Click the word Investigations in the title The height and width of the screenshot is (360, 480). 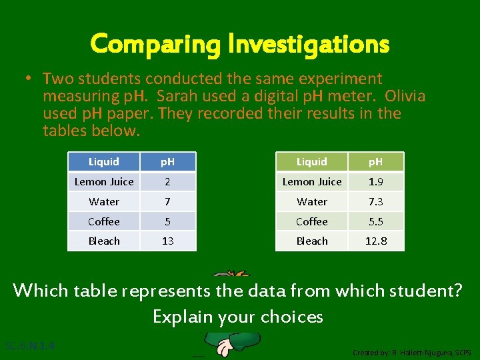[x=308, y=44]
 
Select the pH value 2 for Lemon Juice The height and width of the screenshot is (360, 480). [x=168, y=181]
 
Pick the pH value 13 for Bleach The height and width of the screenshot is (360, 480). [x=168, y=241]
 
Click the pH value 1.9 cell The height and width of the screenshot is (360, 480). [x=376, y=181]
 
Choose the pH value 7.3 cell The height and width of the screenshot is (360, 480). [x=376, y=201]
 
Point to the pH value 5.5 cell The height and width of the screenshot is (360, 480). [x=376, y=221]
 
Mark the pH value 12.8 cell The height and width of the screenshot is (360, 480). [x=376, y=241]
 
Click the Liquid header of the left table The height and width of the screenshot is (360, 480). [x=104, y=161]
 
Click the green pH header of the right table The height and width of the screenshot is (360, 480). [x=376, y=161]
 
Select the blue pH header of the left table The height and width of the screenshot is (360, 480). [x=168, y=161]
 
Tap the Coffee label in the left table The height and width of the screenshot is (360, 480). [x=104, y=221]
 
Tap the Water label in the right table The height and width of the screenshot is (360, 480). [x=312, y=201]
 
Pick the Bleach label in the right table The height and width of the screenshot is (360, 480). [x=312, y=241]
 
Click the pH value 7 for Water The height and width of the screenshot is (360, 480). [x=168, y=201]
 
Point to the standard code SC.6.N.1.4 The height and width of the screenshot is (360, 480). [x=29, y=346]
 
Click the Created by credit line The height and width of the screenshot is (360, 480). [x=411, y=352]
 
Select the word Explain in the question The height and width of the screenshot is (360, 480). [x=181, y=316]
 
